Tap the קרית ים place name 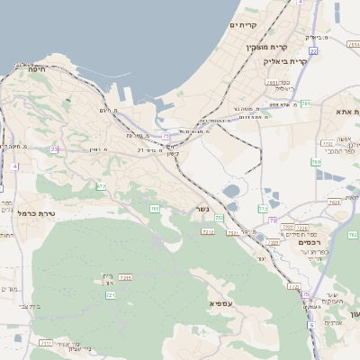tap(244, 24)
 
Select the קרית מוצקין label tap(265, 45)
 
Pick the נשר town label tap(202, 211)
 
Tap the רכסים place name tap(310, 242)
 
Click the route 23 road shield tap(55, 149)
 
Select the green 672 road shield tap(101, 186)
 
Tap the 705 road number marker tap(155, 209)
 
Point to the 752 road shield tap(219, 218)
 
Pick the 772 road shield tap(263, 209)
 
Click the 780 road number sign tap(315, 162)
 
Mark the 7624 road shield tap(336, 202)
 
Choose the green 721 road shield tap(111, 294)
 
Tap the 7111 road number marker tap(46, 343)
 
